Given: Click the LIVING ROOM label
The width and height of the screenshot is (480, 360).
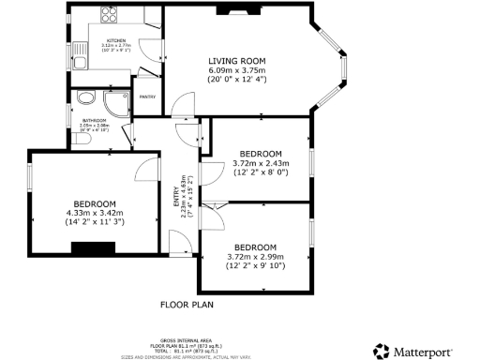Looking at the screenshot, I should pos(235,61).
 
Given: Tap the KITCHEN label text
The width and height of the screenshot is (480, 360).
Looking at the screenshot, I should pos(116,41).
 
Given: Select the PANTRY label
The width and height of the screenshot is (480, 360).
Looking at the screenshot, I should pos(147,96).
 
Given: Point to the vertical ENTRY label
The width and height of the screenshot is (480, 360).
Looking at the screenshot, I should pos(175,197).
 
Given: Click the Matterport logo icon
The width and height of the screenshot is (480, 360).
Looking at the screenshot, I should pos(381,351).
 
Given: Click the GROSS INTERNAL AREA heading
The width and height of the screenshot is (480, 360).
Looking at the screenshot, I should pos(187,340).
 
